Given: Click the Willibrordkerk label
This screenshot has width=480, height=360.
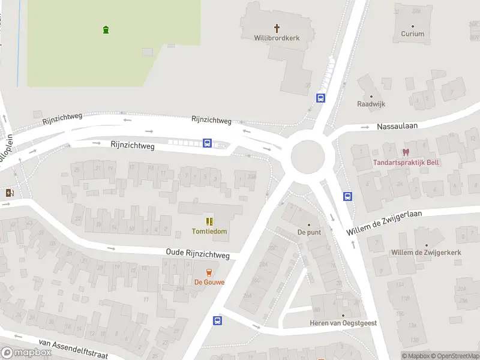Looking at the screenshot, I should [277, 38].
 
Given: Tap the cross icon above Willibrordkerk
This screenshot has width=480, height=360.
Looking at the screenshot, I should [277, 28].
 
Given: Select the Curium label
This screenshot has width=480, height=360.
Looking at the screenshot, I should [413, 34].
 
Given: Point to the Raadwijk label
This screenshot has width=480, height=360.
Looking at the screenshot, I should [371, 104].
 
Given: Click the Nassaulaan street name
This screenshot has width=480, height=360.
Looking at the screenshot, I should [397, 126].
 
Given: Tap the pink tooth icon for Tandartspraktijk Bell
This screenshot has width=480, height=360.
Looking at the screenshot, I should [406, 152].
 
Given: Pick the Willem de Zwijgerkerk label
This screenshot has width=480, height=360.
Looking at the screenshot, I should [426, 253].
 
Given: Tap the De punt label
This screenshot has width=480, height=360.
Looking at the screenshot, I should [309, 232].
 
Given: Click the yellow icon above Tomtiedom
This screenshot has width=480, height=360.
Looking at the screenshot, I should [209, 221].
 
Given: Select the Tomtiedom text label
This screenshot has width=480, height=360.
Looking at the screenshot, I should [209, 232].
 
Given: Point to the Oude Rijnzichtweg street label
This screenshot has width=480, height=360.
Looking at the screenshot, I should [198, 255].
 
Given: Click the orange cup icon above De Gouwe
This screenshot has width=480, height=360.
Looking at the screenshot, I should [209, 272].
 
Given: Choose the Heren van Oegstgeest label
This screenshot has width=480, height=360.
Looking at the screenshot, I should [343, 323].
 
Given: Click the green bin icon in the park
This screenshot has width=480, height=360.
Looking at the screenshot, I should [106, 29].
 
